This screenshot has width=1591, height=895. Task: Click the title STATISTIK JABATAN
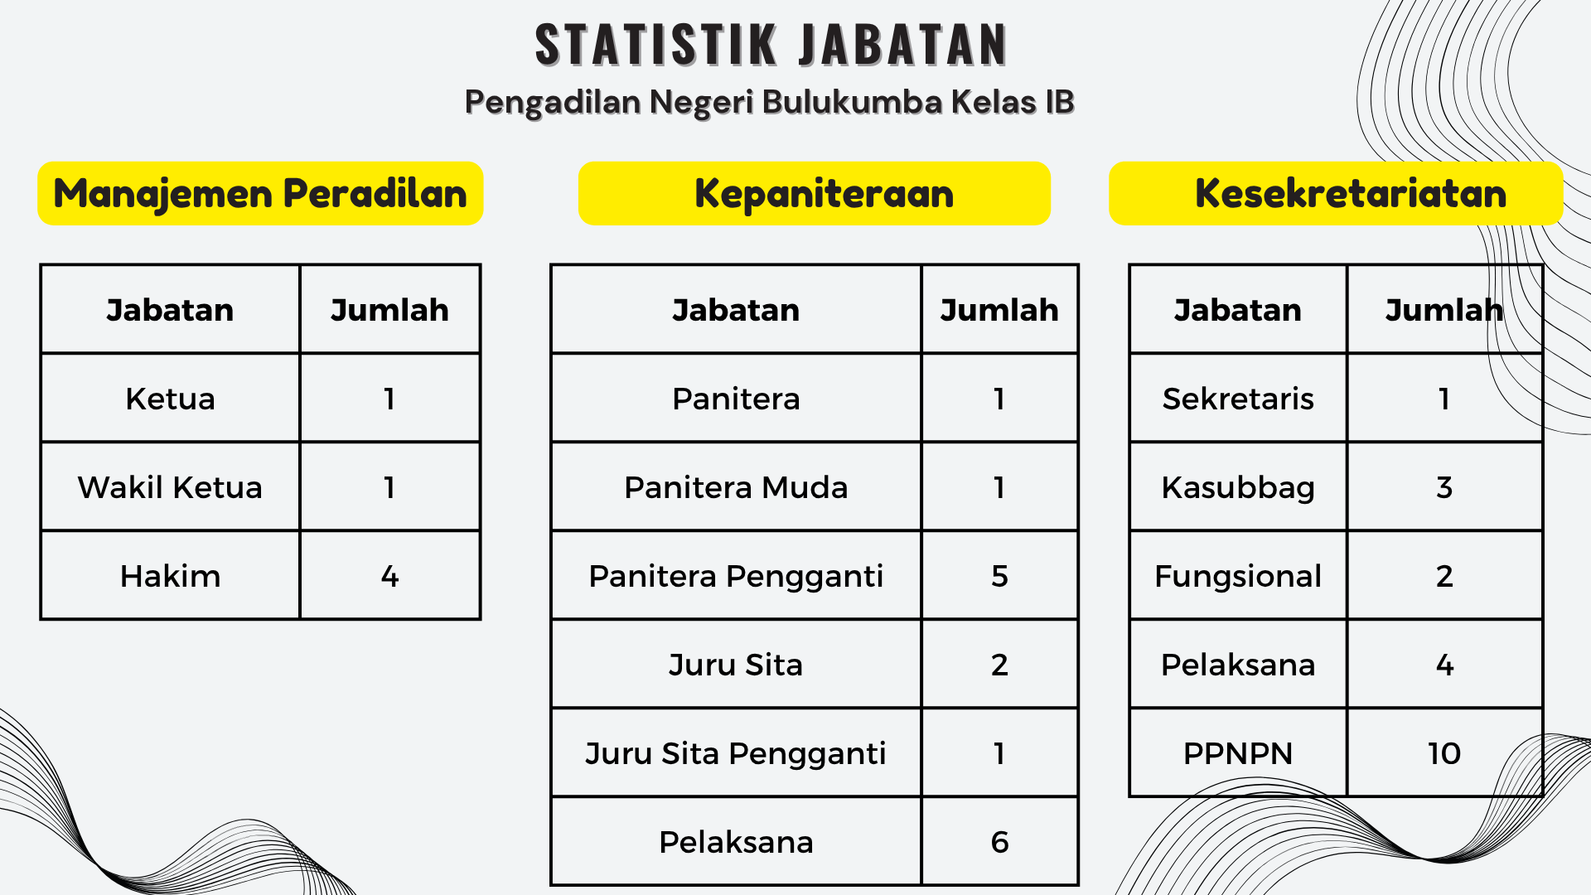771,45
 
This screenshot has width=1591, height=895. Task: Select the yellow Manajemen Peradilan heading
260,193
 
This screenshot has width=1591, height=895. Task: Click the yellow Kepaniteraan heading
815,193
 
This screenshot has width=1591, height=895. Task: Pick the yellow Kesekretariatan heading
1336,193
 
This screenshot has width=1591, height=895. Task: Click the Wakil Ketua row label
170,487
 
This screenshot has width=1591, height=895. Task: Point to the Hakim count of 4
389,576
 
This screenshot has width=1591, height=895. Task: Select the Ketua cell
170,399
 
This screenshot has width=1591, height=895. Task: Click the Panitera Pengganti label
736,577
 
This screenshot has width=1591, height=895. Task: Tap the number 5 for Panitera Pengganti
999,576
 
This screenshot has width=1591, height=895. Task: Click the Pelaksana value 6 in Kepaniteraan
999,842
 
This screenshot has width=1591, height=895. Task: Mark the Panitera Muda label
736,487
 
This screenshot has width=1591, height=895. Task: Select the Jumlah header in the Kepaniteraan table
999,310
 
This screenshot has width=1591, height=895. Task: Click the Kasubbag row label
1238,488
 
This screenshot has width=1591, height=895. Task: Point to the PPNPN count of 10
1444,753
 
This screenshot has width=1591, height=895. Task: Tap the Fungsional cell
1238,577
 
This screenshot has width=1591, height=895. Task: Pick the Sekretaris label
1238,399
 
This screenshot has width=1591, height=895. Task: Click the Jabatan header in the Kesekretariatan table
1238,310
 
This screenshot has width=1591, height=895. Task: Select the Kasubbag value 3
1444,487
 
